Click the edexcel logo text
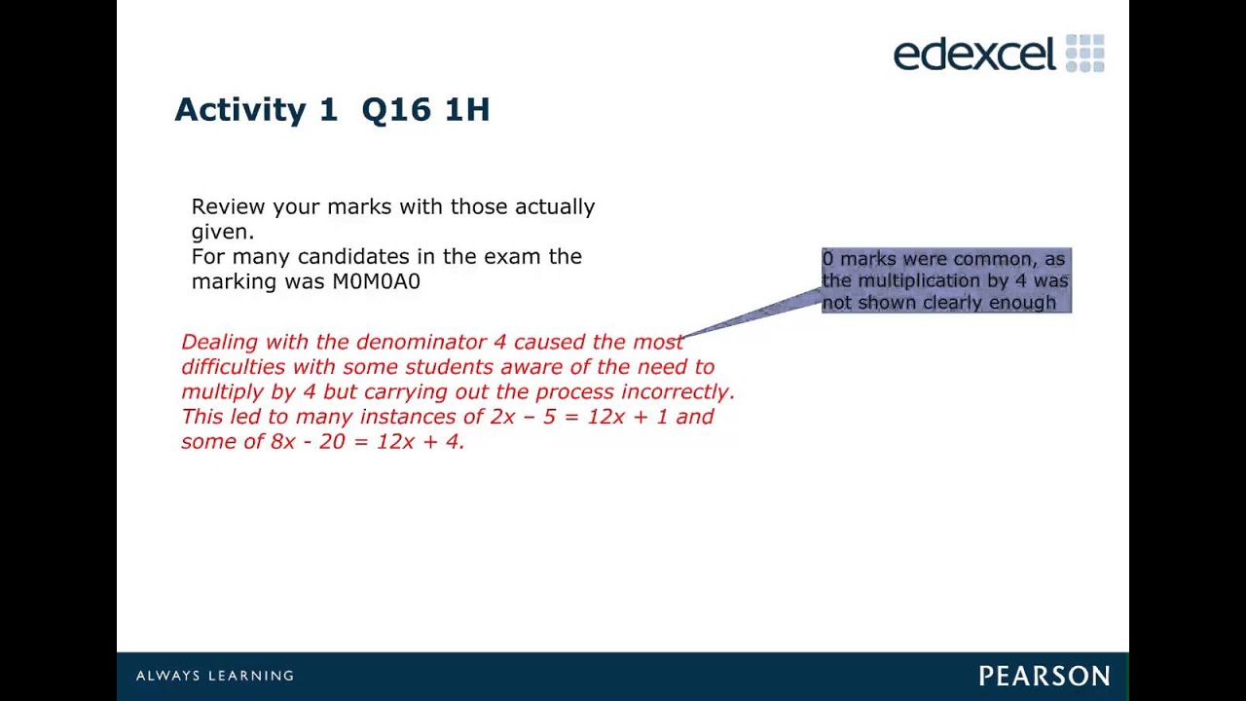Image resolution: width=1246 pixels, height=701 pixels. click(x=973, y=54)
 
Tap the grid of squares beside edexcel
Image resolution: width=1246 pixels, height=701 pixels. click(x=1085, y=54)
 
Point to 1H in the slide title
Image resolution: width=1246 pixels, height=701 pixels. click(x=467, y=109)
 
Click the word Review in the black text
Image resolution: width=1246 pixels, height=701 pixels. click(x=229, y=206)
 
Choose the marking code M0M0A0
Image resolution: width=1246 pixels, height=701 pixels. click(x=377, y=281)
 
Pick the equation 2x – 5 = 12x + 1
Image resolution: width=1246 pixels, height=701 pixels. click(x=579, y=417)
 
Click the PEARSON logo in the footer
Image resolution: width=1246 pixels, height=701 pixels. click(x=1044, y=676)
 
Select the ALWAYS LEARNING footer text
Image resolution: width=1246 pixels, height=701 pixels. click(x=215, y=676)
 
